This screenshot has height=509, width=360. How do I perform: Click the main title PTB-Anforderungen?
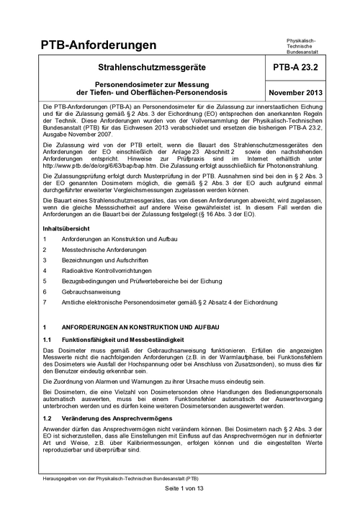pyautogui.click(x=99, y=46)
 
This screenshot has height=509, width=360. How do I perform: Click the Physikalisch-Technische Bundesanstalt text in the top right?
pyautogui.click(x=306, y=47)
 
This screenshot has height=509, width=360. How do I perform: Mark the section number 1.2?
pyautogui.click(x=48, y=438)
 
